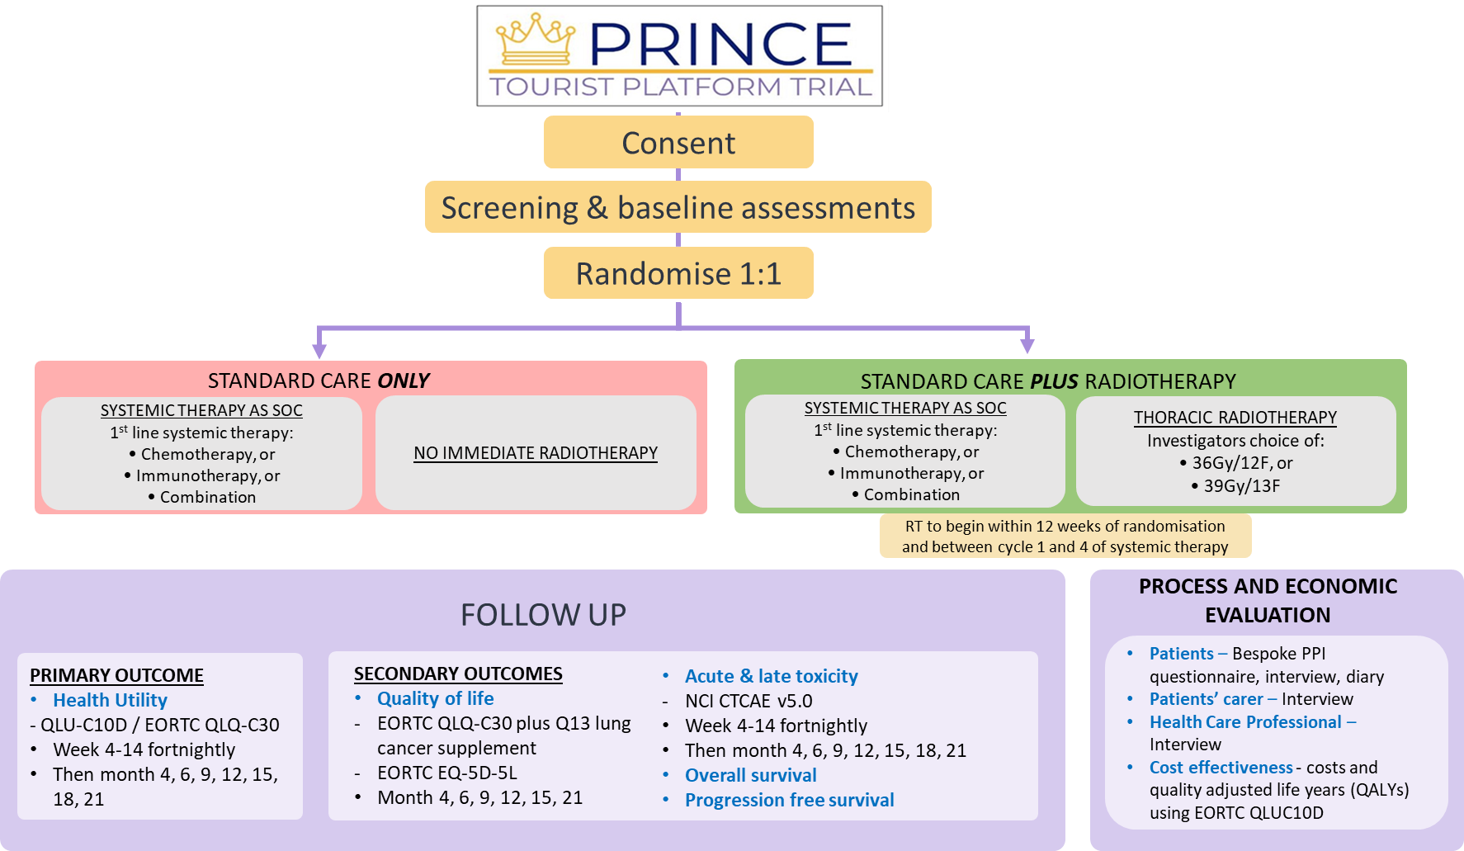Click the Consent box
[678, 143]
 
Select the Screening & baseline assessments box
[678, 208]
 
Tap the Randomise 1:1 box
[678, 273]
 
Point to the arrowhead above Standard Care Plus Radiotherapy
[1027, 345]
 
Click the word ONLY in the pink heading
[404, 381]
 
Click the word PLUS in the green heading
[1054, 381]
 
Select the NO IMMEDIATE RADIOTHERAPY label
[536, 453]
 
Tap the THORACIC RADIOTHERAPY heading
[1235, 418]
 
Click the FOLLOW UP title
[543, 615]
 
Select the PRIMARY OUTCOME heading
[116, 675]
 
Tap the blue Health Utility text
[110, 700]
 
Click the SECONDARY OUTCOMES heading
[458, 674]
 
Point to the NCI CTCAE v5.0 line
[749, 701]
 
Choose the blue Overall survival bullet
[750, 775]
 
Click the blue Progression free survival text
[789, 800]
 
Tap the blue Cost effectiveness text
[1221, 768]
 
